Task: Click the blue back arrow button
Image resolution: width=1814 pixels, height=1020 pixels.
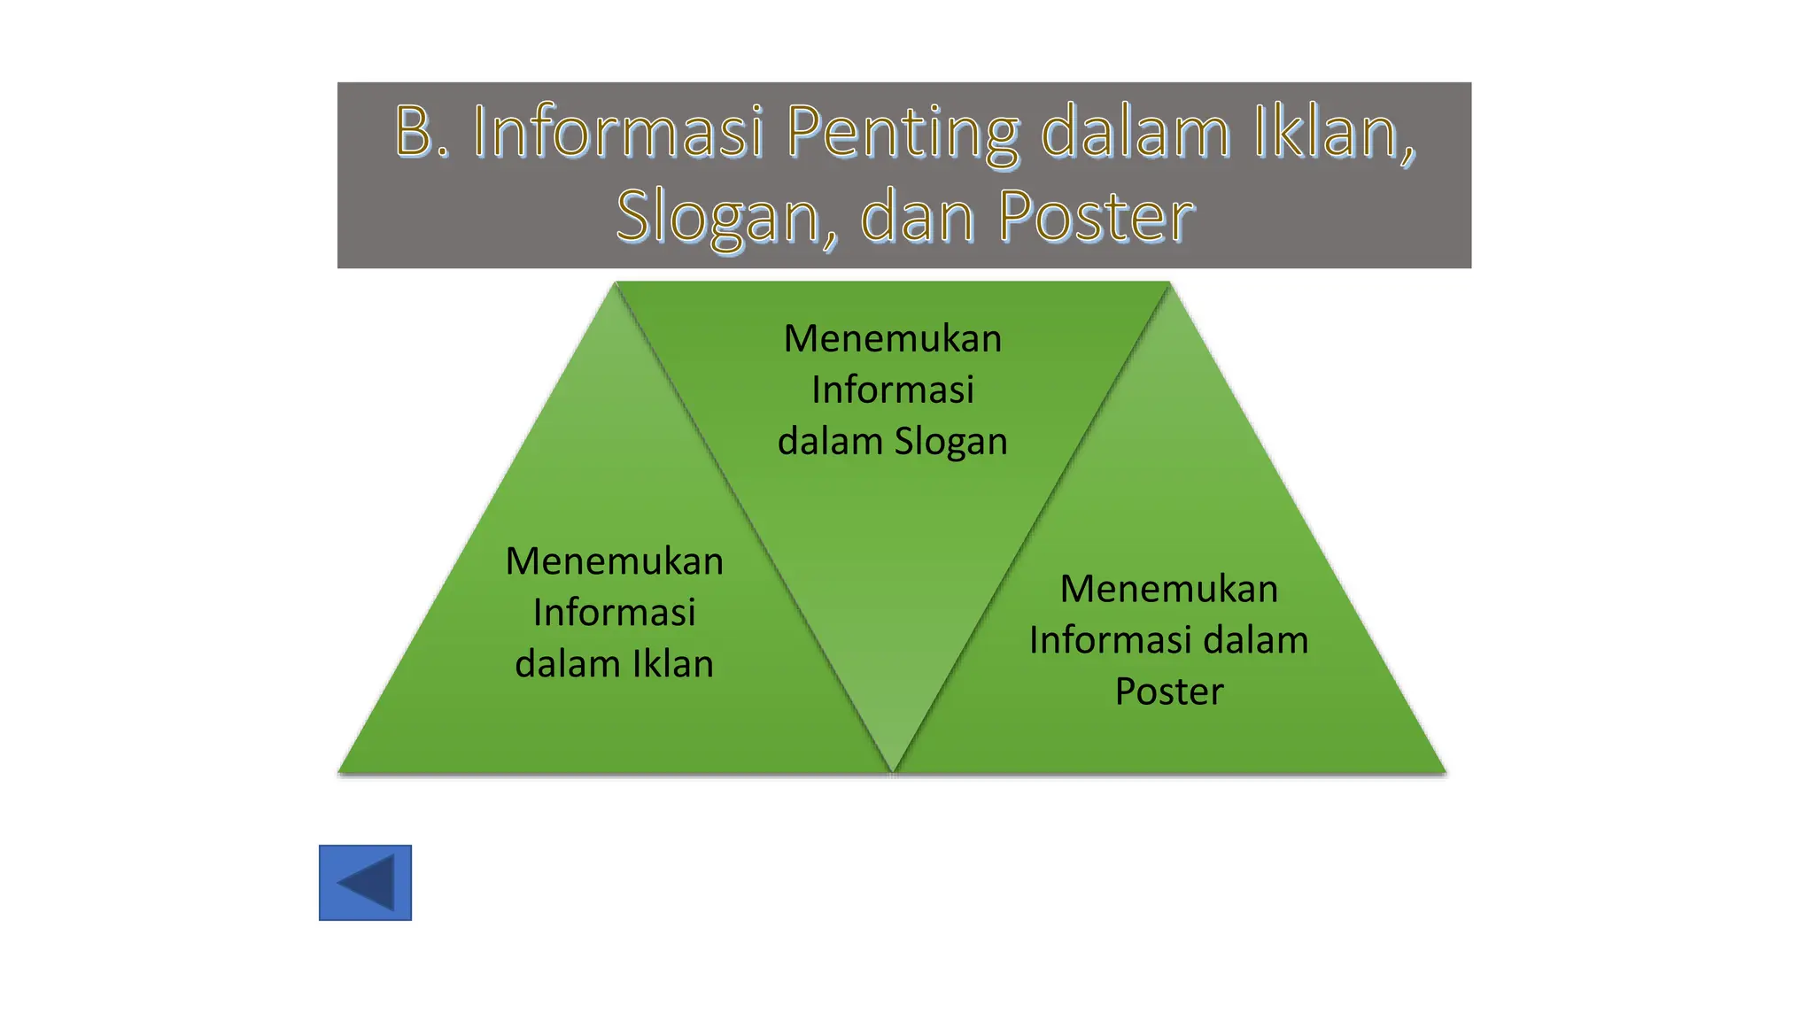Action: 365,883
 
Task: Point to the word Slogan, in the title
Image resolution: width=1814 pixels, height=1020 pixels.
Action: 726,217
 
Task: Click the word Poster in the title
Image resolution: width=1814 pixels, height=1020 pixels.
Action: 1097,217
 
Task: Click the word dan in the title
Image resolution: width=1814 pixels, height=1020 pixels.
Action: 918,217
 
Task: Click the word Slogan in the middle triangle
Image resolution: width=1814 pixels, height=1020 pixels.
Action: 950,441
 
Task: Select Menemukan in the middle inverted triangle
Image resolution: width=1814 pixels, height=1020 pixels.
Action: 893,339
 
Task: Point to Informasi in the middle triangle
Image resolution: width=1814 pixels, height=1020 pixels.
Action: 893,390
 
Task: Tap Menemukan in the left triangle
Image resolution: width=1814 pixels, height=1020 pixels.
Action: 615,561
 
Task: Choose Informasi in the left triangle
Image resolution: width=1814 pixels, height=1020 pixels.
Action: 615,613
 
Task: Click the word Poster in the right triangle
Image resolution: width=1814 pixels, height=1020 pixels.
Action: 1169,692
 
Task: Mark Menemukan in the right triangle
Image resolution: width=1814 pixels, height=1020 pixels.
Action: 1169,589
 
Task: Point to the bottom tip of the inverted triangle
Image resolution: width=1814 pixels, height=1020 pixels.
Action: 893,769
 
